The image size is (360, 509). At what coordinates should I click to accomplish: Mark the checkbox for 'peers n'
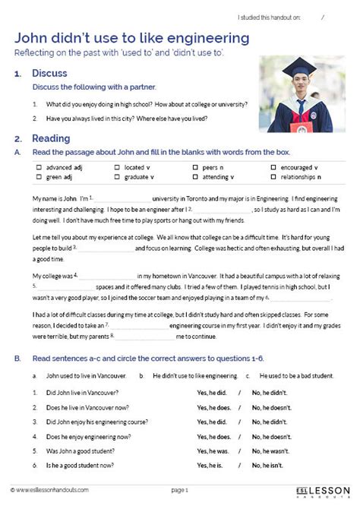tap(195, 166)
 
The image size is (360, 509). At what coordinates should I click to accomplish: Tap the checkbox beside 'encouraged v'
tap(273, 166)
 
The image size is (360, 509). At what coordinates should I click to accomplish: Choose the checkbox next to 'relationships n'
tap(273, 176)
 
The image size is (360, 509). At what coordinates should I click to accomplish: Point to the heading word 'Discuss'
tap(49, 74)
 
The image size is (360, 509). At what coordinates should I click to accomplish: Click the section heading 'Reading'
tap(51, 139)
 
